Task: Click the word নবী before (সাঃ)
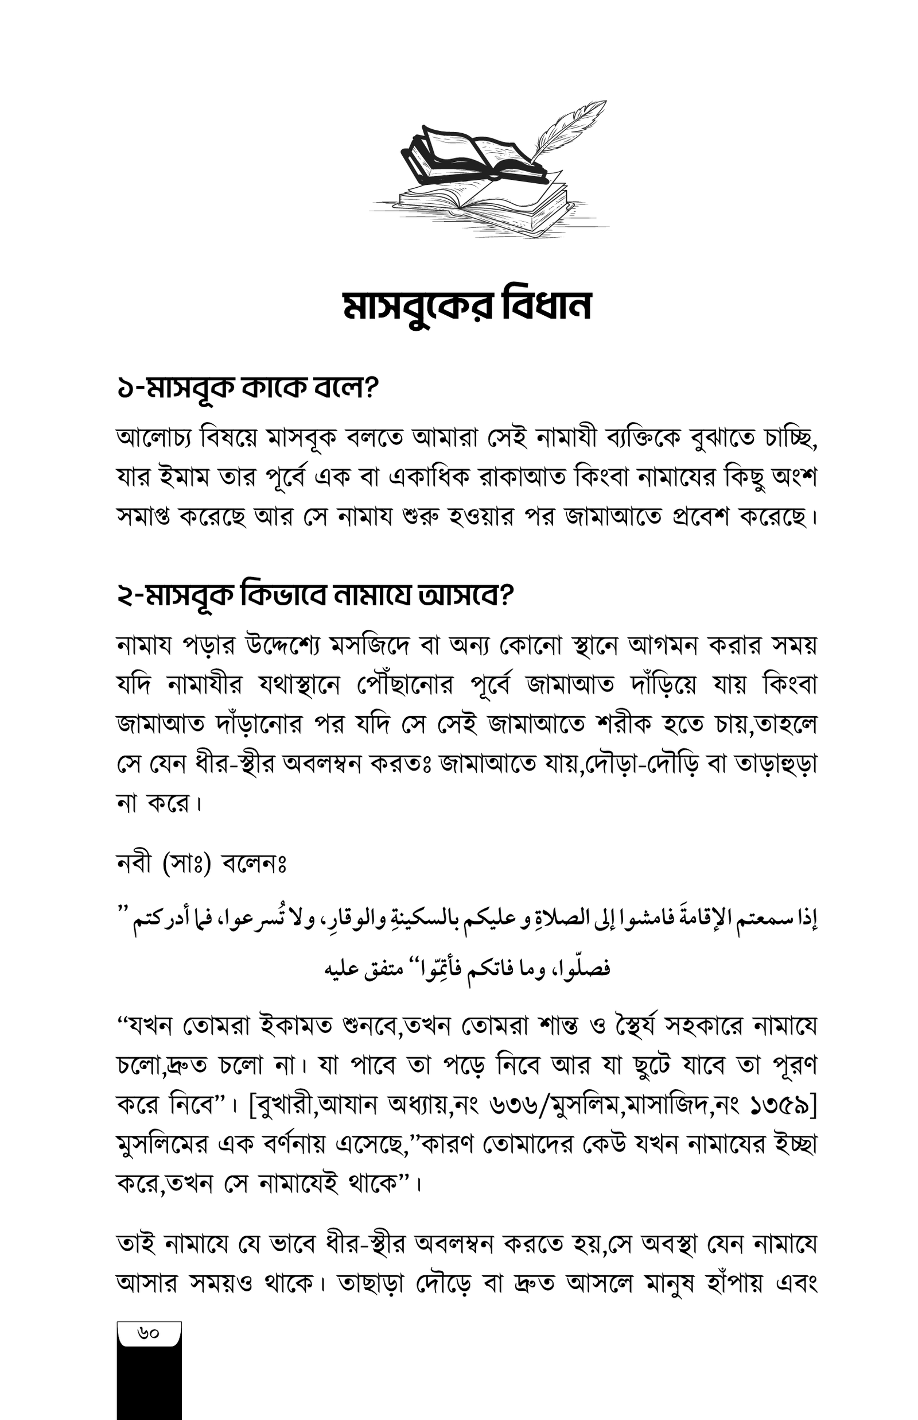click(x=135, y=864)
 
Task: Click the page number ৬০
click(x=149, y=1332)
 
